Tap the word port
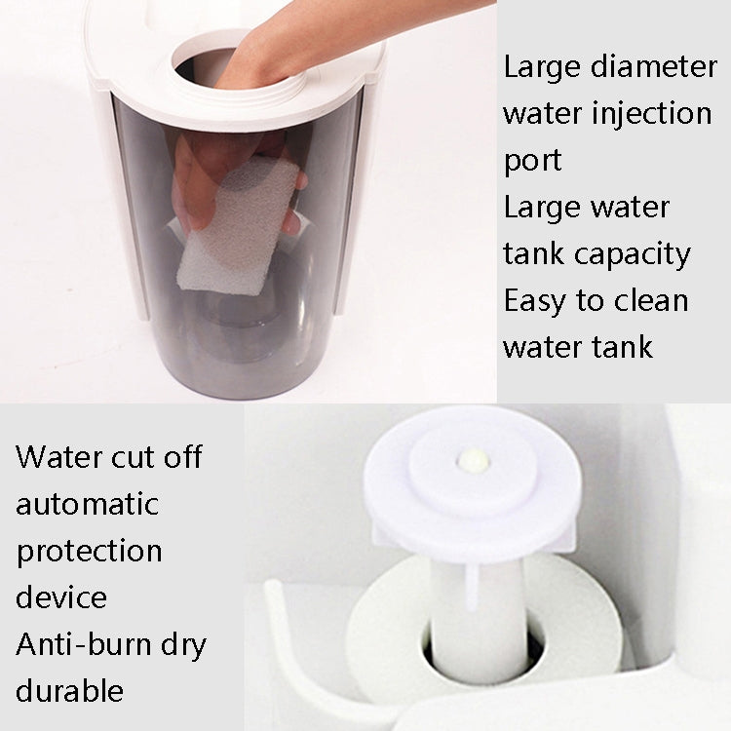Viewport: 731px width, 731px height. click(532, 161)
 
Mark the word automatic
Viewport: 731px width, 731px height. click(87, 504)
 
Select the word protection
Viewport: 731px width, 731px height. click(89, 552)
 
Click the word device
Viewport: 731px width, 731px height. click(61, 596)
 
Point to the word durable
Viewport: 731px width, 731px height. click(69, 691)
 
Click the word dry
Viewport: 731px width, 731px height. click(183, 644)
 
